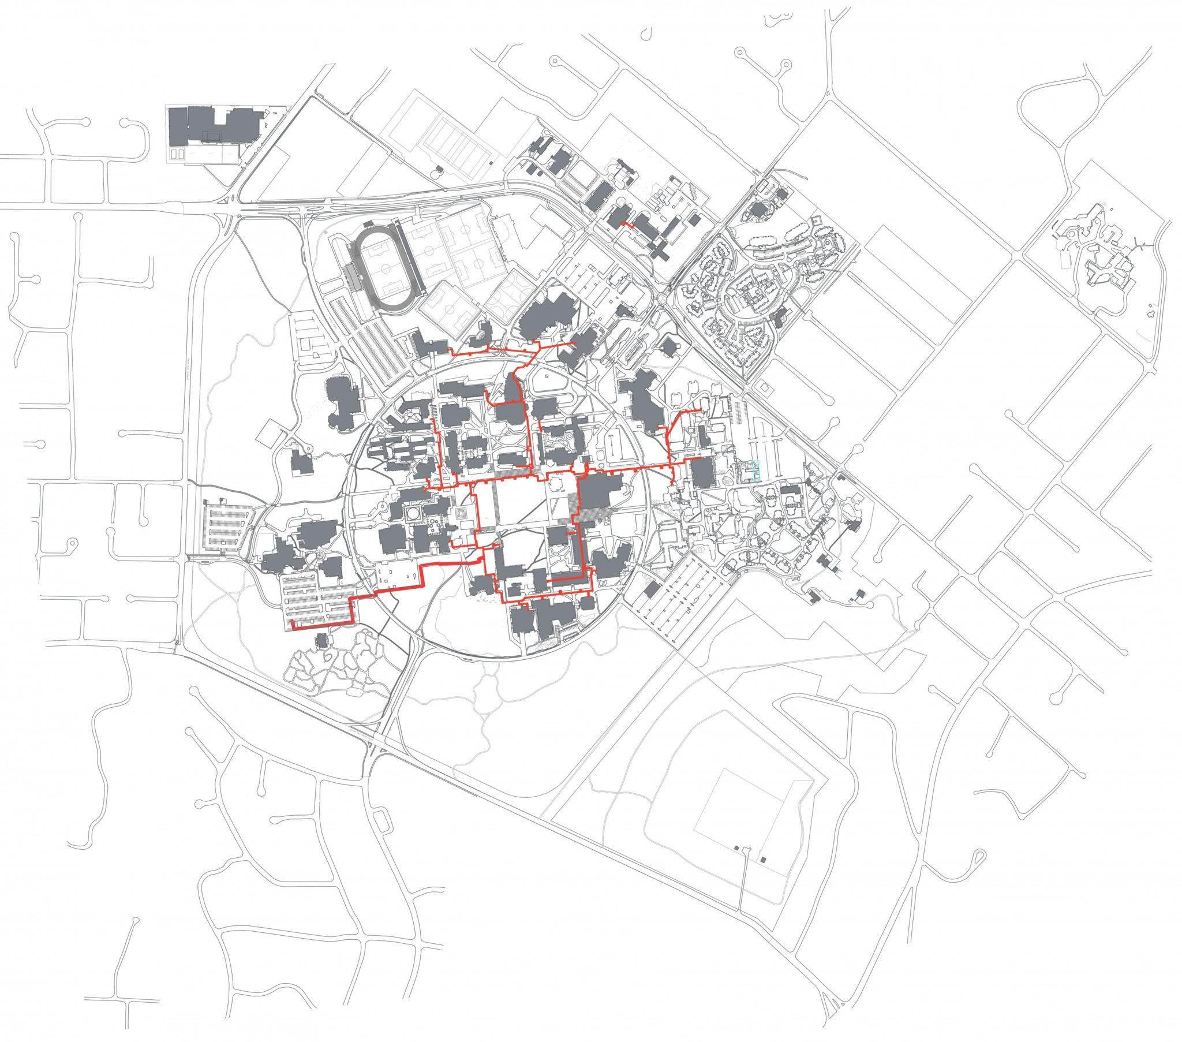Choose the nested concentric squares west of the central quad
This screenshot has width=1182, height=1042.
coord(461,513)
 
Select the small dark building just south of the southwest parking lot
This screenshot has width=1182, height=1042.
coord(322,640)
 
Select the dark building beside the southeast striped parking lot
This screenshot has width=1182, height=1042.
coord(652,590)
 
